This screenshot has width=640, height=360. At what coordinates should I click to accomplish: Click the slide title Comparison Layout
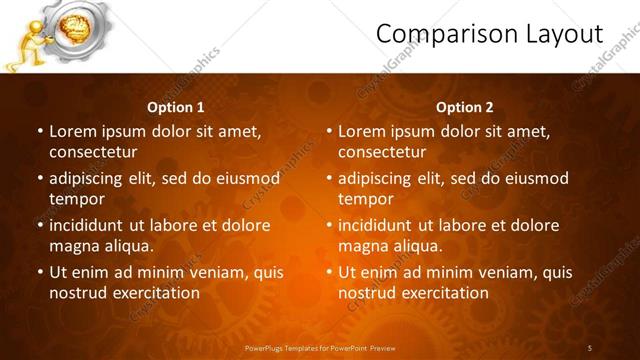tap(489, 35)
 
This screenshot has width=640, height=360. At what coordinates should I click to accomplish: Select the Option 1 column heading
tap(176, 107)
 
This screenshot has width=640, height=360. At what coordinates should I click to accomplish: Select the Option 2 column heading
tap(465, 107)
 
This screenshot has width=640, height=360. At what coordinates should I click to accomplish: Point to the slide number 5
tap(590, 347)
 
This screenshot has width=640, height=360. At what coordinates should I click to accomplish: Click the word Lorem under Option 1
tap(72, 131)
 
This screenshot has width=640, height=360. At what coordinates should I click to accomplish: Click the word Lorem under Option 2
tap(361, 131)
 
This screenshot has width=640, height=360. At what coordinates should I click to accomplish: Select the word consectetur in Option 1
tap(93, 152)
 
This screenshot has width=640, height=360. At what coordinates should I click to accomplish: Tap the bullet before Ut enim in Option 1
tap(39, 272)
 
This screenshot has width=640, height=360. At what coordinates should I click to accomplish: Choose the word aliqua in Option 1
tap(126, 246)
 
